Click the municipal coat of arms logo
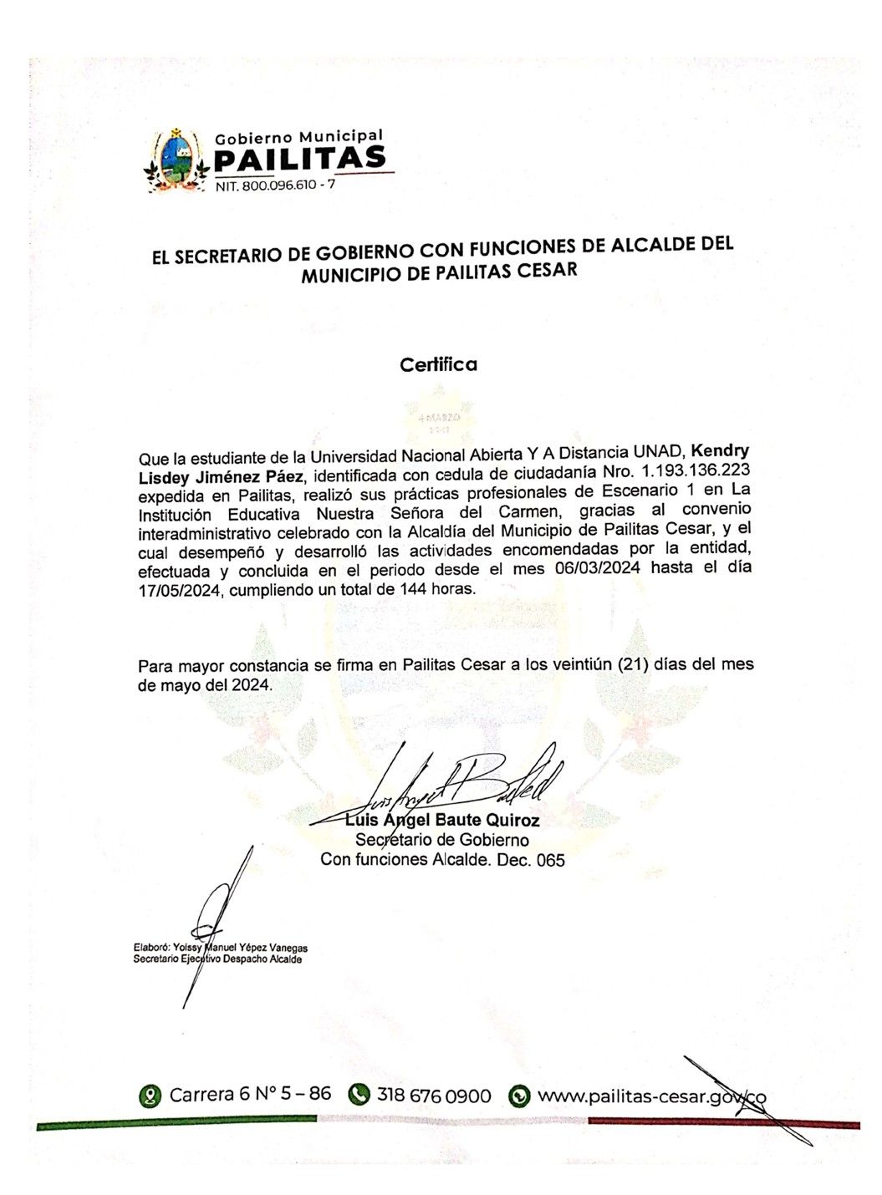pyautogui.click(x=176, y=161)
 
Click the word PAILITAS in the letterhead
pyautogui.click(x=300, y=159)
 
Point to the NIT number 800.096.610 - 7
pyautogui.click(x=275, y=186)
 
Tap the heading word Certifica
pyautogui.click(x=438, y=364)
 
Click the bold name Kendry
pyautogui.click(x=719, y=451)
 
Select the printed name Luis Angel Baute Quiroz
pyautogui.click(x=442, y=820)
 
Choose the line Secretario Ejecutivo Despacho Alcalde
pyautogui.click(x=218, y=959)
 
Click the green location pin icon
pyautogui.click(x=150, y=1096)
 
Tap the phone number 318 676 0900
pyautogui.click(x=434, y=1096)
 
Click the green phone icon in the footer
pyautogui.click(x=359, y=1095)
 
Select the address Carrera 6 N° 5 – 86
pyautogui.click(x=250, y=1095)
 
